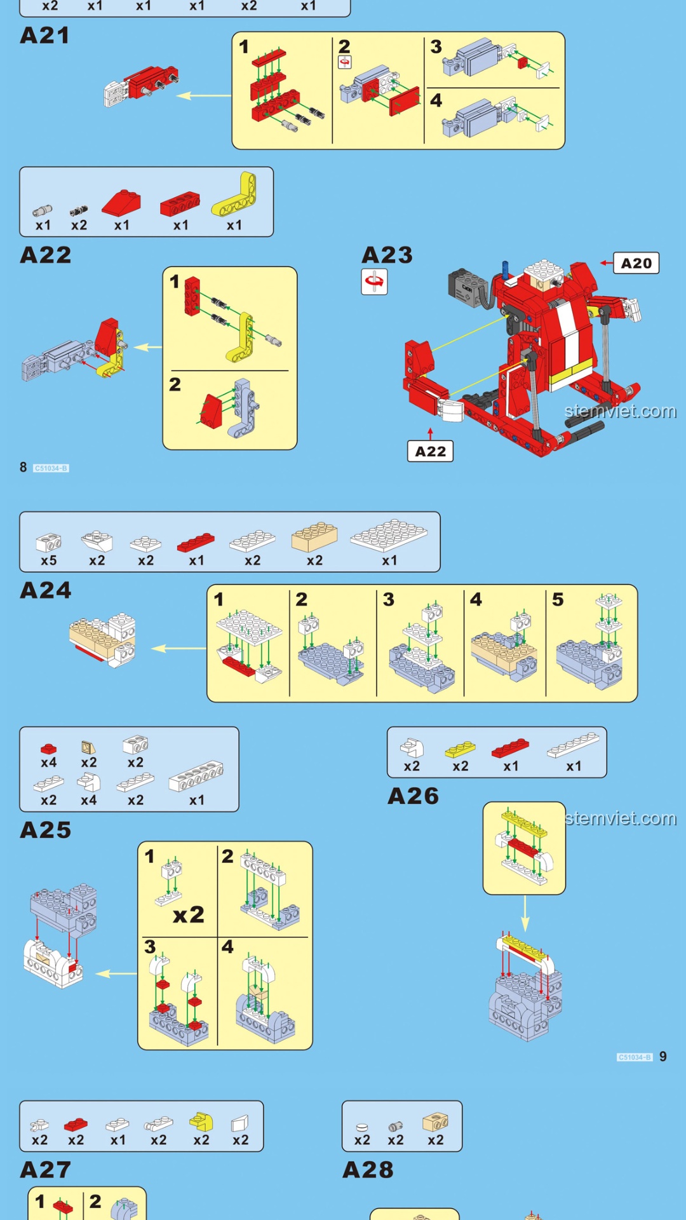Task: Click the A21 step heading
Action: [44, 36]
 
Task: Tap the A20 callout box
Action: [636, 263]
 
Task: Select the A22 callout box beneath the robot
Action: [430, 451]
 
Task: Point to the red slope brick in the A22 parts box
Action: [121, 203]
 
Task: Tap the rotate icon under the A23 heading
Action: [374, 281]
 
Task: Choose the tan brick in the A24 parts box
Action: [314, 537]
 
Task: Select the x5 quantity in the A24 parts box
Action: [49, 560]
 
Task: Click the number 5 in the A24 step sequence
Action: [558, 599]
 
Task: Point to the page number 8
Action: [23, 468]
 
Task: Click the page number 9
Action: [663, 1057]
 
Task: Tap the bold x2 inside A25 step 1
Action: [189, 914]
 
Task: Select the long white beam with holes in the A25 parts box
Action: [196, 776]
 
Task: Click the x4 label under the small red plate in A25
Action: [49, 762]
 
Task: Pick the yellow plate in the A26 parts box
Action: [460, 749]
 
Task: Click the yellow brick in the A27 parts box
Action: [201, 1122]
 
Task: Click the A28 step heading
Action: [368, 1170]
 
